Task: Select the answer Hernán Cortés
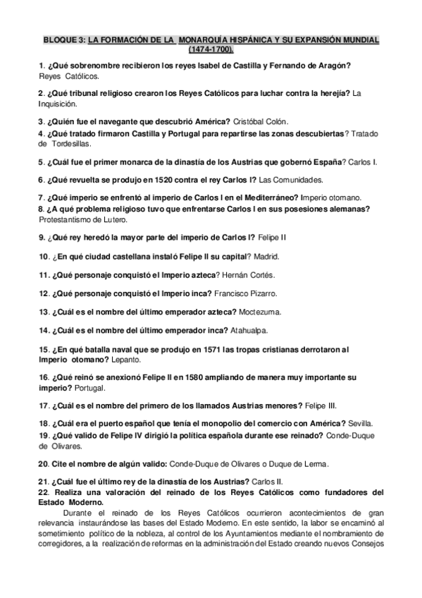[x=250, y=274]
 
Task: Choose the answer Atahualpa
[x=249, y=330]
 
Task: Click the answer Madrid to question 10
[x=265, y=256]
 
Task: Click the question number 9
[x=41, y=238]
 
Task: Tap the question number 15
[x=43, y=349]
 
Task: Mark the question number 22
[x=44, y=492]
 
